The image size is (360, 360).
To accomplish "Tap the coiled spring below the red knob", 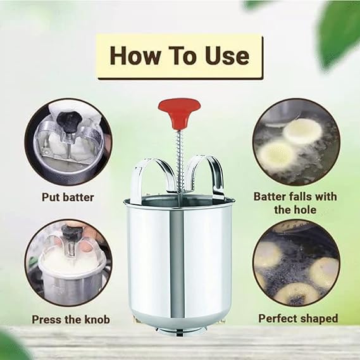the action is tap(179, 161).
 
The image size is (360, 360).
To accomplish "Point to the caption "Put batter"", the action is tap(68, 197).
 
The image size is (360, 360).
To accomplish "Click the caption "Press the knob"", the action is tap(71, 320).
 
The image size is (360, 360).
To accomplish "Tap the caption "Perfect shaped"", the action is tap(298, 319).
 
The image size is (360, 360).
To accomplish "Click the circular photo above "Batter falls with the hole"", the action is tap(296, 142).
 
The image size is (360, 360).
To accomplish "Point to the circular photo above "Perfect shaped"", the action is tap(296, 263).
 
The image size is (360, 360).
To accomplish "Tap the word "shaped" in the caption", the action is tap(319, 319).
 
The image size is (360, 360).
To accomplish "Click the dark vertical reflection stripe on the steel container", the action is tap(177, 264).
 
